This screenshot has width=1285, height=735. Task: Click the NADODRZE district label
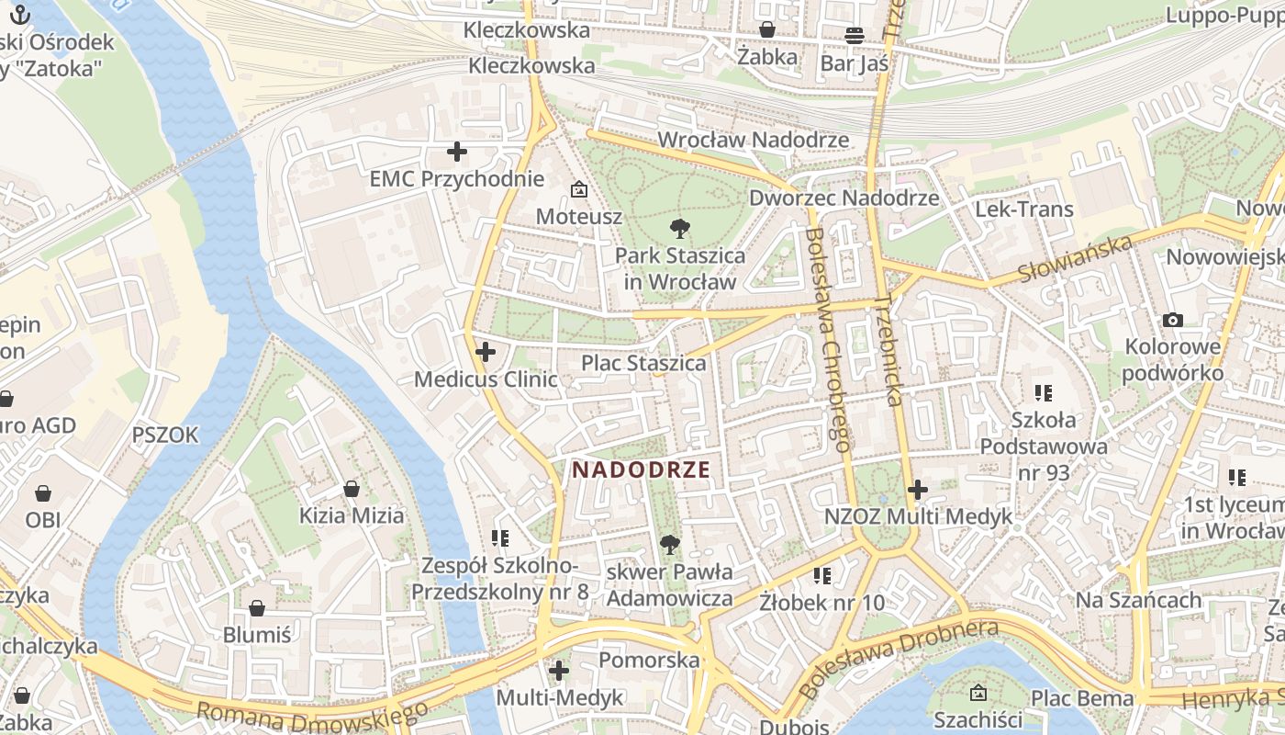click(x=641, y=469)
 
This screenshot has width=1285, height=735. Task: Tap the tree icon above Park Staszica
click(x=679, y=228)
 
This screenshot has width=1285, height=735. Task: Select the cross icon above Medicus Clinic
click(x=486, y=351)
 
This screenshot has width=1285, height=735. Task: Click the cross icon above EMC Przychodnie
click(x=456, y=152)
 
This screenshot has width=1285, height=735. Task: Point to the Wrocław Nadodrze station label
click(x=754, y=140)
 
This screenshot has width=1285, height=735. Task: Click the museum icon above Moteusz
click(x=579, y=190)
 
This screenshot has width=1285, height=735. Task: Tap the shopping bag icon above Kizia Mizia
click(x=351, y=489)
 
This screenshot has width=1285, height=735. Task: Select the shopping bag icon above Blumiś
click(x=257, y=608)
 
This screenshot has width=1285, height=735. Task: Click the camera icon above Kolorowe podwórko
click(x=1172, y=320)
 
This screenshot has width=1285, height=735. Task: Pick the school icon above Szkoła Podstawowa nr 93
click(x=1043, y=393)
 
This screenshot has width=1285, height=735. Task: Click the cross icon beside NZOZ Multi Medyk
click(x=917, y=490)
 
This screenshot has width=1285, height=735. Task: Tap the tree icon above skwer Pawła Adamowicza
click(x=670, y=545)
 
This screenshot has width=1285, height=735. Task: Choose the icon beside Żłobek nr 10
click(x=822, y=576)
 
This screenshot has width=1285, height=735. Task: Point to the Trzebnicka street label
click(x=889, y=349)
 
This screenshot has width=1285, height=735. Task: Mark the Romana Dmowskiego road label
click(x=312, y=713)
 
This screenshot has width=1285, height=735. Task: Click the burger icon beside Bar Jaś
click(x=855, y=36)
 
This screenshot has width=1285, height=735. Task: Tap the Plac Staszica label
click(x=643, y=364)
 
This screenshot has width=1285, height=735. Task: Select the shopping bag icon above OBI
click(x=42, y=493)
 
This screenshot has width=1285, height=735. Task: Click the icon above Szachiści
click(x=978, y=693)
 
